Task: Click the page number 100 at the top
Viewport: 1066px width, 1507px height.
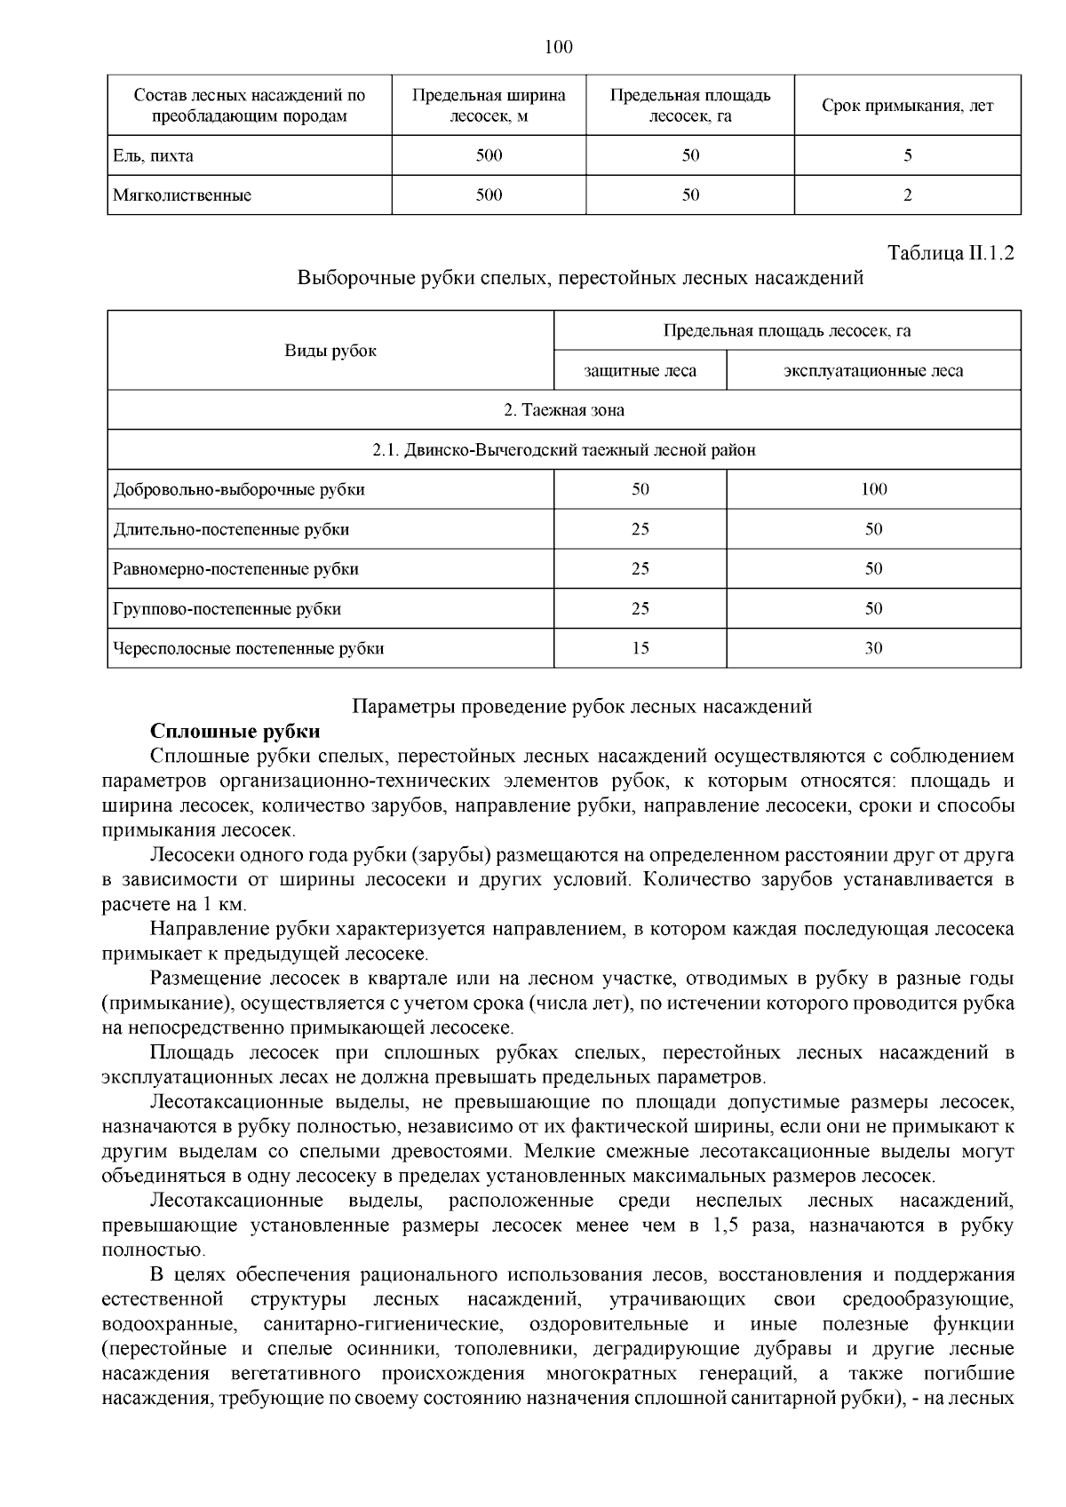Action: (x=558, y=47)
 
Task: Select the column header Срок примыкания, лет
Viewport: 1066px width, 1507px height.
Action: (x=907, y=106)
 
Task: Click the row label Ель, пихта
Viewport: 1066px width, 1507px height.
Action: (x=154, y=155)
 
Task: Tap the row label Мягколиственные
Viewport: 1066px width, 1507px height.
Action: (x=182, y=195)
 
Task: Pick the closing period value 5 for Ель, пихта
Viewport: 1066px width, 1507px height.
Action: (x=907, y=155)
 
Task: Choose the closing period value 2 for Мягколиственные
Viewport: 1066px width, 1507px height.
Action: (x=907, y=195)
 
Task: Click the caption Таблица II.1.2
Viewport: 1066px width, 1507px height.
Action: (x=951, y=253)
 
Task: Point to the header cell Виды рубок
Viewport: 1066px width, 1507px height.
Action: (x=330, y=351)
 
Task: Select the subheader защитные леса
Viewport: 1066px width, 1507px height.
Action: (x=640, y=370)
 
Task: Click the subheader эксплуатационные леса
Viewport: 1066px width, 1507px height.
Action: (x=873, y=370)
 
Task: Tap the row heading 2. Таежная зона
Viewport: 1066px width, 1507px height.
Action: (x=563, y=410)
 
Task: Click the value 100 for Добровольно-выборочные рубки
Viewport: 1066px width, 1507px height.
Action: (x=873, y=489)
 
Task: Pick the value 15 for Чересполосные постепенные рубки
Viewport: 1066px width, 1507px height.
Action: (x=640, y=648)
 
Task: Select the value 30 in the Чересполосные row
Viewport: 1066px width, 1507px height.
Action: (x=873, y=648)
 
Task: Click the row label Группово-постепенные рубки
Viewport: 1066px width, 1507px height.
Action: (x=227, y=609)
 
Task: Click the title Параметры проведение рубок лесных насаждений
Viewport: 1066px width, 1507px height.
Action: (x=582, y=707)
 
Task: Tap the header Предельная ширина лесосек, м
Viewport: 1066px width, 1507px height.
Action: (x=489, y=106)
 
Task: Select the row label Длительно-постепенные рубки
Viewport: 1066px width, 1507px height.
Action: (x=231, y=529)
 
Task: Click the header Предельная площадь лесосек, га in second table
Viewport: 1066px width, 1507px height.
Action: (x=786, y=331)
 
